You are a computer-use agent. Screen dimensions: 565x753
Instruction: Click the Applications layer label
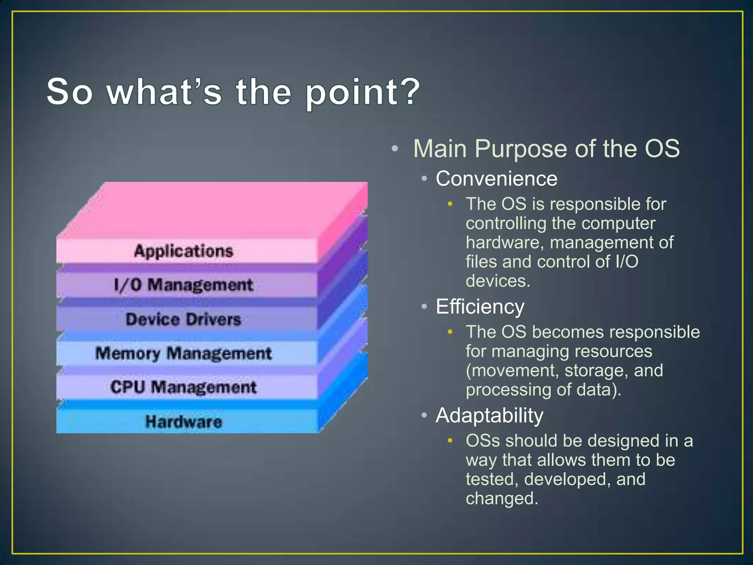(183, 251)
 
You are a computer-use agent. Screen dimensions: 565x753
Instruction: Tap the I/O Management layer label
(183, 285)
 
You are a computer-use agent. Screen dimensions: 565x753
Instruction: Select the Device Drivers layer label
(183, 319)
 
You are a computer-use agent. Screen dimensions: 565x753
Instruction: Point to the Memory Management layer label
(183, 353)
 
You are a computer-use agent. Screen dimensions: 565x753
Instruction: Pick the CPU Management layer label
(183, 387)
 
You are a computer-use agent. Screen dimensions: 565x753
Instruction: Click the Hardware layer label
(183, 422)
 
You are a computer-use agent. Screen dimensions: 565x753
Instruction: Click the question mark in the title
(408, 91)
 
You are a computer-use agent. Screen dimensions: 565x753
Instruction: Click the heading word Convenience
(496, 179)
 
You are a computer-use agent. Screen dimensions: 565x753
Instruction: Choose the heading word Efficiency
(480, 307)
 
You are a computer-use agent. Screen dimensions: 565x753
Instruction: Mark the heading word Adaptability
(489, 416)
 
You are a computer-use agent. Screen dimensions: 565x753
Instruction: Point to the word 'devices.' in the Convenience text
(498, 281)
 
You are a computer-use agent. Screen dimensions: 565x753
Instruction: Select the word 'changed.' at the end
(502, 499)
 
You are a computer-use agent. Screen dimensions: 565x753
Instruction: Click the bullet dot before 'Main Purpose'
(395, 149)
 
